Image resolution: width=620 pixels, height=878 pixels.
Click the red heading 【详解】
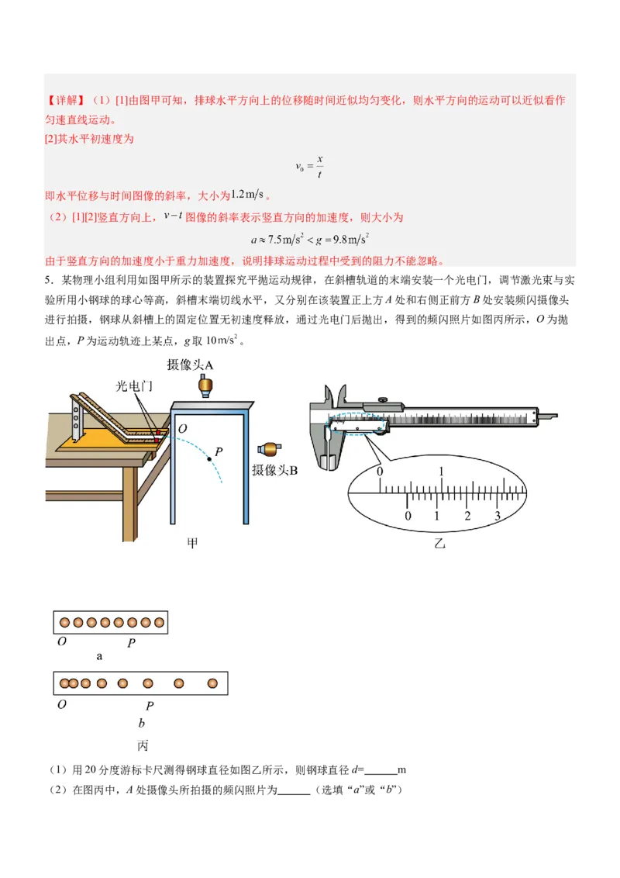(x=66, y=101)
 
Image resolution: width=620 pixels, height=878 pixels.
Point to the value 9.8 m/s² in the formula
(x=345, y=239)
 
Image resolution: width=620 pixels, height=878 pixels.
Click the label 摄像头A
(x=190, y=365)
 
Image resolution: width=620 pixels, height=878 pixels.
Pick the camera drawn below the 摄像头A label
(x=206, y=385)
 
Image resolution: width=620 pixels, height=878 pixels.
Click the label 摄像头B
(x=274, y=470)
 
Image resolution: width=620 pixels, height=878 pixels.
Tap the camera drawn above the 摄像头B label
(x=268, y=449)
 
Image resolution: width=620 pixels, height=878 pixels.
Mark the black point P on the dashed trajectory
(x=208, y=460)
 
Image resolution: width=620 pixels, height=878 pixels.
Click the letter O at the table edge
(x=181, y=429)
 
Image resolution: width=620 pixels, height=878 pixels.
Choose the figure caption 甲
(x=193, y=543)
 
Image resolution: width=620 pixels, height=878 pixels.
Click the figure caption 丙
(x=143, y=745)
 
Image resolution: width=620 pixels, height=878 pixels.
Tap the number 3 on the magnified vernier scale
(x=498, y=517)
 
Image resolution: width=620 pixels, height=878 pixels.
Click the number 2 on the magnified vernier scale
(x=467, y=517)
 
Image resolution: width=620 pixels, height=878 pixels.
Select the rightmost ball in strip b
(x=212, y=683)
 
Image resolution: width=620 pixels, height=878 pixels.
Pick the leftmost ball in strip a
(x=65, y=622)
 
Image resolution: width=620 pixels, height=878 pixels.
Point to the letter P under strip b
(x=150, y=706)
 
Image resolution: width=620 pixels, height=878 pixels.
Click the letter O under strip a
(x=62, y=642)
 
